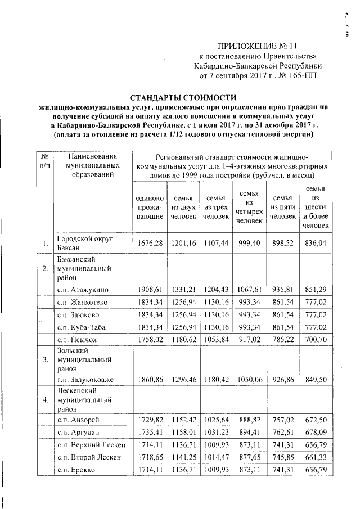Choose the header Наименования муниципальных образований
click(91, 165)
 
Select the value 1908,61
click(150, 290)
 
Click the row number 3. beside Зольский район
click(44, 363)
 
